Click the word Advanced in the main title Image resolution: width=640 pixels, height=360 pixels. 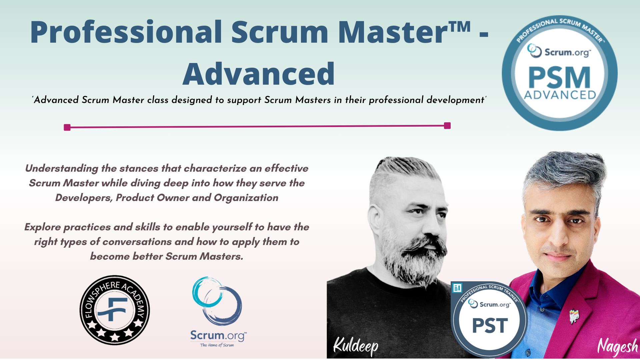pos(259,74)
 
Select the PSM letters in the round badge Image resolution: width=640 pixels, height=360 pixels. pos(559,77)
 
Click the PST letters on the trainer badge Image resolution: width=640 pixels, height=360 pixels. pos(490,325)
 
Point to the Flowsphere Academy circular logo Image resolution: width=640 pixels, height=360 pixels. pos(115,310)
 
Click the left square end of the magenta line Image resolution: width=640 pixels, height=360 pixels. pos(67,127)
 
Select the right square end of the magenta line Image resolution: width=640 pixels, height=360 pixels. pos(447,126)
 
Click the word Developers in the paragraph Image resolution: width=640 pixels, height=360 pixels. pos(84,198)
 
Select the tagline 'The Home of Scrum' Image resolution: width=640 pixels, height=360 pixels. pos(217,345)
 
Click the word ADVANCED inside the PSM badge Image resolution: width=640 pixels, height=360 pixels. pos(560,95)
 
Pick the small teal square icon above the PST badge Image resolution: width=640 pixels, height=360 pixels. pos(457,288)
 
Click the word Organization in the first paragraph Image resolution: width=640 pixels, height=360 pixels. pos(246,198)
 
